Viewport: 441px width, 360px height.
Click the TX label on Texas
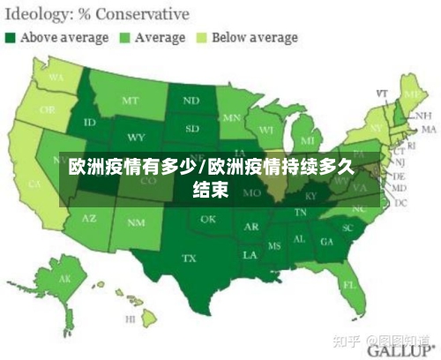pos(189,259)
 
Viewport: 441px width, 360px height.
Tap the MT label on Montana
pos(131,101)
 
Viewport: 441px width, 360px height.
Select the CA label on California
pos(34,184)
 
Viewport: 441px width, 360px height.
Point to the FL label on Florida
pos(348,284)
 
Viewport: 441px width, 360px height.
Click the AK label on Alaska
pos(64,280)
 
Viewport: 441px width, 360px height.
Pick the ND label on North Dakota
pos(191,101)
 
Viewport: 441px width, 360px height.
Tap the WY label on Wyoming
pos(136,138)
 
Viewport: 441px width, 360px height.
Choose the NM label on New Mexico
pos(136,223)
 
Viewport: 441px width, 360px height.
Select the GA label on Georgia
pos(327,241)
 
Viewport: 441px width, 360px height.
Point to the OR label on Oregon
pos(47,112)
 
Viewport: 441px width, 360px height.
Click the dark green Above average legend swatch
pos(11,38)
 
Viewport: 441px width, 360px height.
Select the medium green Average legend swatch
pos(124,38)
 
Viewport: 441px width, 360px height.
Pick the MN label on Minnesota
pos(232,117)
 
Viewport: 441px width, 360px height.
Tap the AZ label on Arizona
pos(90,217)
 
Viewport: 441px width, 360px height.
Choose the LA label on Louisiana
pos(250,254)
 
